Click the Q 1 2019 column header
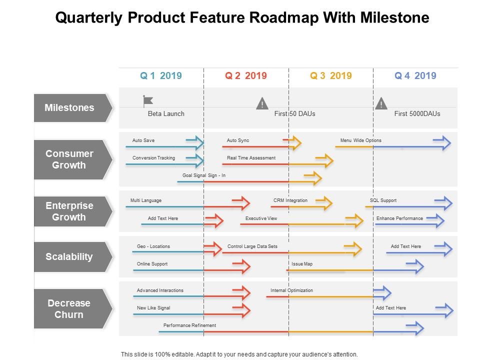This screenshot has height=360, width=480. (x=160, y=76)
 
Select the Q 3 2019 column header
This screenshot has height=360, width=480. (x=330, y=76)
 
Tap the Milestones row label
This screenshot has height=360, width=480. (x=69, y=107)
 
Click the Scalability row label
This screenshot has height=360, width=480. (x=69, y=257)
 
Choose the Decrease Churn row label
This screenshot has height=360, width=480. (x=69, y=309)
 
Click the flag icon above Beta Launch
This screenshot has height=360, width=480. (x=148, y=101)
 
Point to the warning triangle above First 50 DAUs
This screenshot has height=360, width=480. (x=262, y=103)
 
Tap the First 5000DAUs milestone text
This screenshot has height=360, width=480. (x=417, y=114)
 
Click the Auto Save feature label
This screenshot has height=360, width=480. (x=143, y=140)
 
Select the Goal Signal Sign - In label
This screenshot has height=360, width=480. (x=204, y=175)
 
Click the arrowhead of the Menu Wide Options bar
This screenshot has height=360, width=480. (x=442, y=143)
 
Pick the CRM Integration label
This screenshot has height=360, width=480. (x=290, y=200)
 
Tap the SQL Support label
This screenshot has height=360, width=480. (x=383, y=200)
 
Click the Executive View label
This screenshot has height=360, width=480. (x=261, y=218)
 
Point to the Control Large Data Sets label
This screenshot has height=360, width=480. (x=252, y=246)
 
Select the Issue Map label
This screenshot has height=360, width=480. (x=302, y=264)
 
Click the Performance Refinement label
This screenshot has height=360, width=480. (x=189, y=325)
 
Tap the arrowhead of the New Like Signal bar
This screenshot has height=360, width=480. (x=241, y=311)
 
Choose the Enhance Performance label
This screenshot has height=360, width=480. (x=399, y=218)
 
